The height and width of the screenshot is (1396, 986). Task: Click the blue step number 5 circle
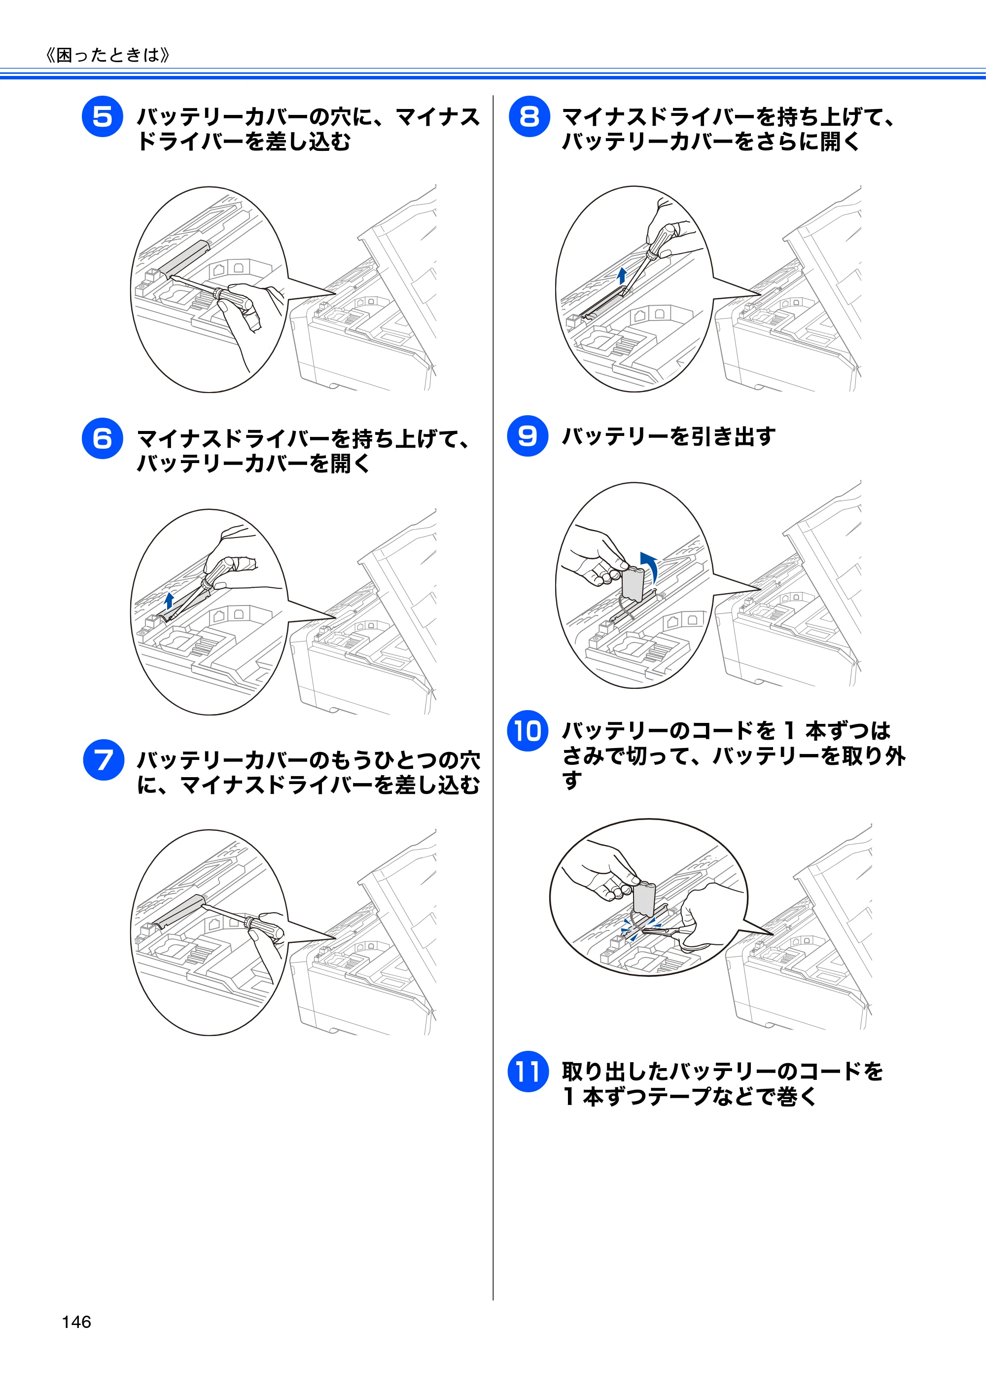coord(102,116)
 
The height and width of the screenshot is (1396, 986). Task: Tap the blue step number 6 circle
coord(102,438)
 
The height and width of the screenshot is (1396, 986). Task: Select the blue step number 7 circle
coord(104,759)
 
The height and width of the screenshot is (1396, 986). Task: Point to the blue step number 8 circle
coord(529,116)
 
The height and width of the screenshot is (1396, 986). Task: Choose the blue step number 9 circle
coord(528,435)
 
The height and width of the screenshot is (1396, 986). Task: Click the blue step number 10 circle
coord(528,730)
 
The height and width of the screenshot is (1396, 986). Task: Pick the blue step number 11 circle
coord(528,1072)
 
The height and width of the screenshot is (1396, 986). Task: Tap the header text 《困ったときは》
coord(107,55)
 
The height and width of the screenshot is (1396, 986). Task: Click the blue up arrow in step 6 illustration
coord(170,601)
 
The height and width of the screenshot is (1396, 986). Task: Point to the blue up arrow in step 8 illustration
coord(621,276)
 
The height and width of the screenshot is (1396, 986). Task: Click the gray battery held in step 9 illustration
coord(633,582)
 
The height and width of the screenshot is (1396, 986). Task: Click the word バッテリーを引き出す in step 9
coord(669,436)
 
